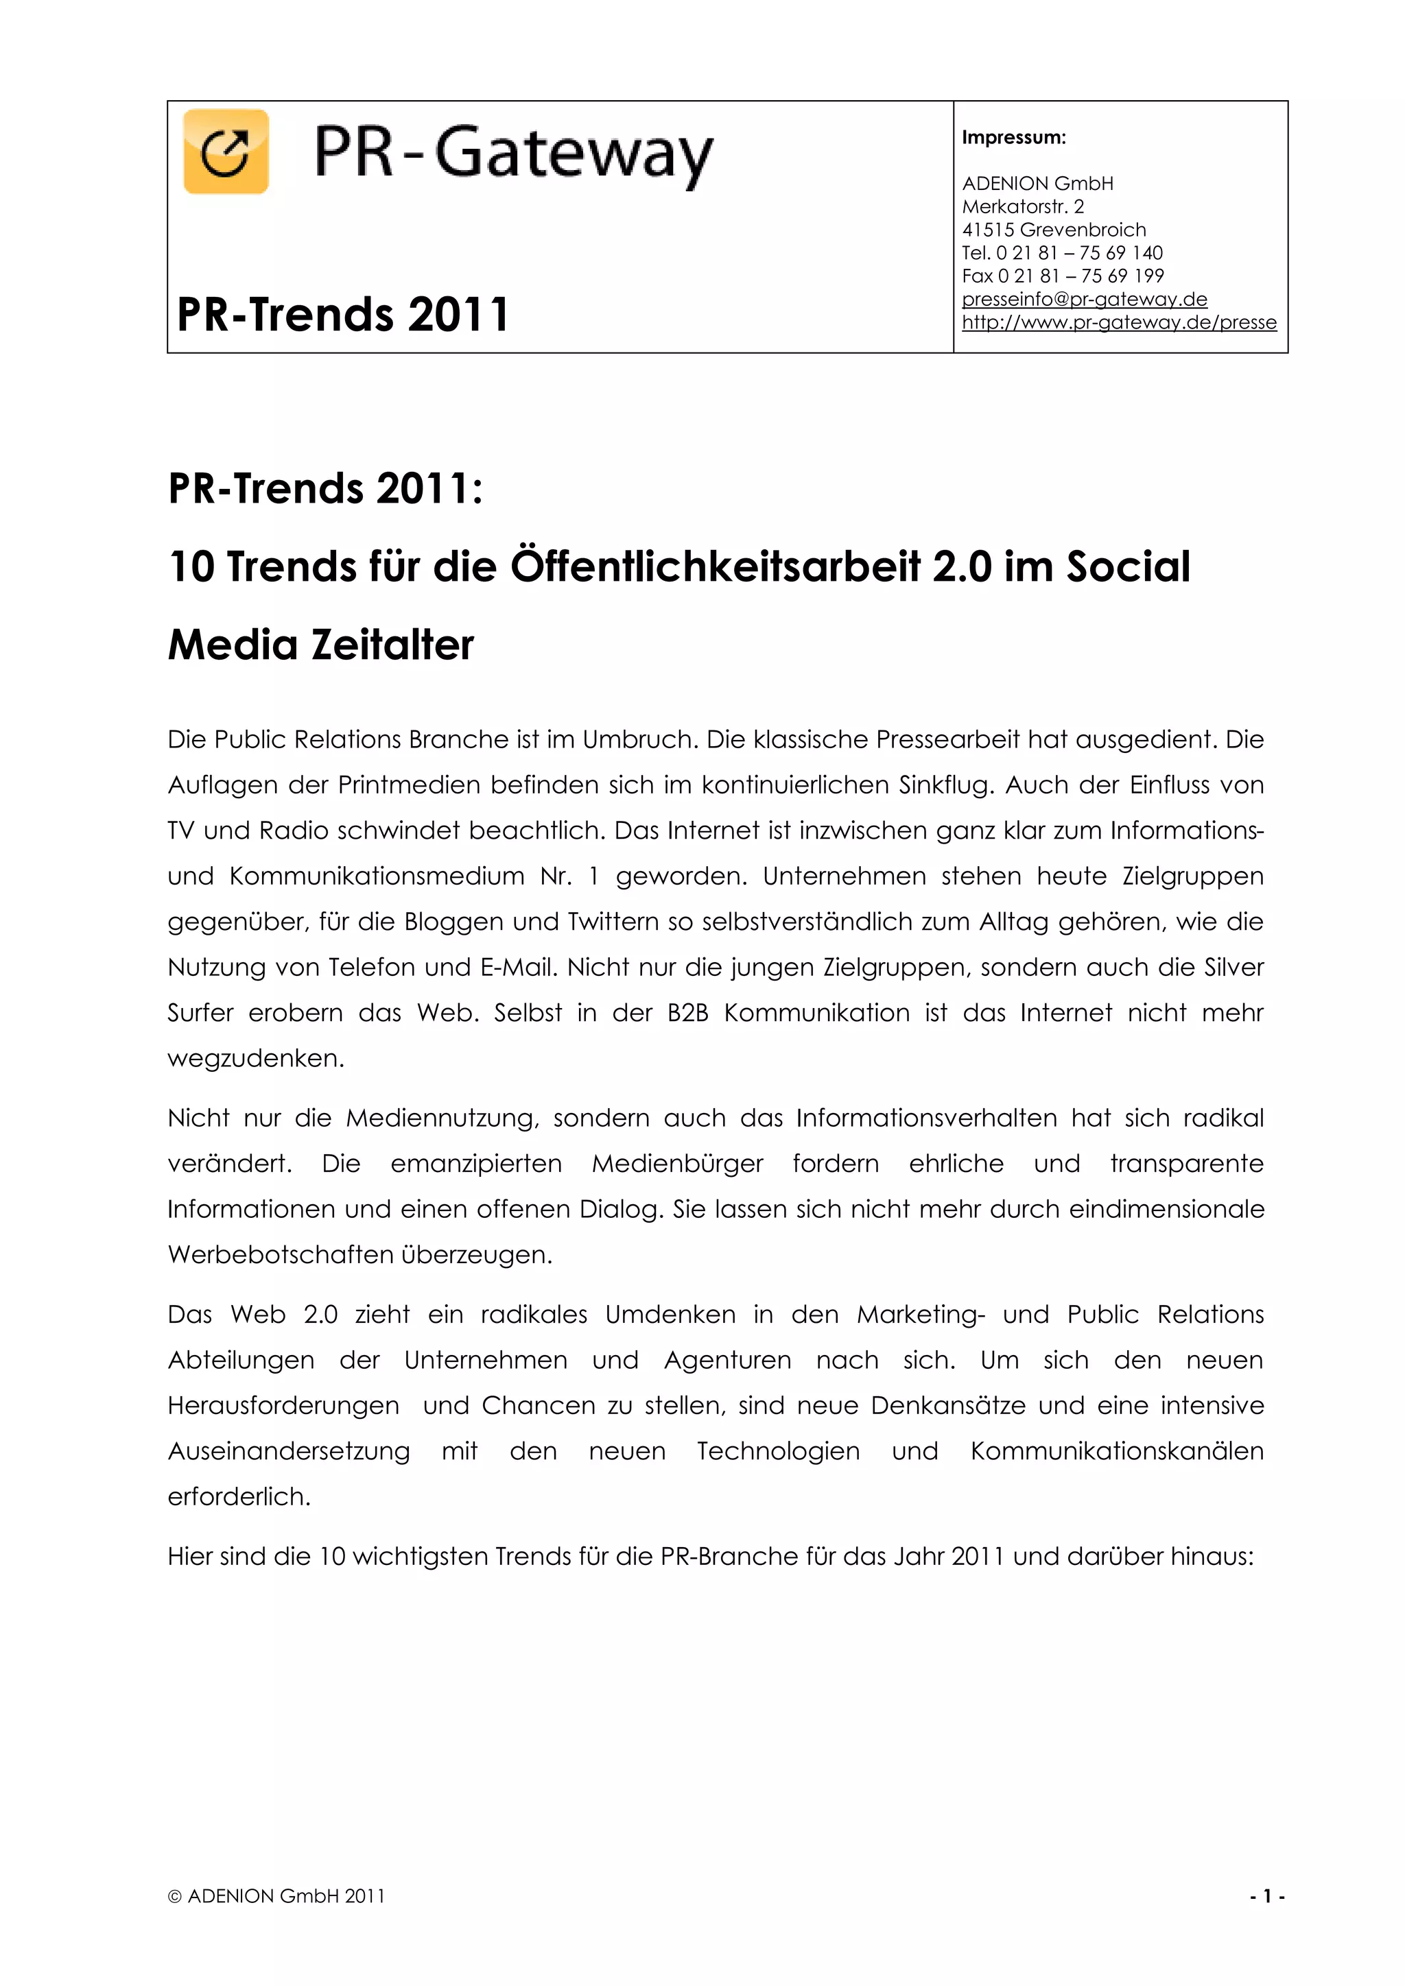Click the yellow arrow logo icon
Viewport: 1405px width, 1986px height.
click(x=226, y=152)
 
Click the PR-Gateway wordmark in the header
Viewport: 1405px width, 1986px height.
click(x=513, y=154)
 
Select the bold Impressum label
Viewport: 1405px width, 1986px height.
click(x=1014, y=138)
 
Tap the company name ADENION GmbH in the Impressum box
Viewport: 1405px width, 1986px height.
click(x=1037, y=183)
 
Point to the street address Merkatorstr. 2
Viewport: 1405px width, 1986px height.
click(x=1023, y=206)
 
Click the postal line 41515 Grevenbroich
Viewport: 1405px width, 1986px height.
click(x=1054, y=230)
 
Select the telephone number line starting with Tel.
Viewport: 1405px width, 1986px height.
click(x=1063, y=254)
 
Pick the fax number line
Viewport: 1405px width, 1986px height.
click(x=1063, y=276)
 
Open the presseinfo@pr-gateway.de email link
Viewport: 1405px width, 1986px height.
click(x=1084, y=299)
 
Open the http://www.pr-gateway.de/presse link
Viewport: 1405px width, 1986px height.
click(x=1119, y=322)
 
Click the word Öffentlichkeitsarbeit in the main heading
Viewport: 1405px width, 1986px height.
click(x=716, y=566)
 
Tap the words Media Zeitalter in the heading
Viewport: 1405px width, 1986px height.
click(x=321, y=645)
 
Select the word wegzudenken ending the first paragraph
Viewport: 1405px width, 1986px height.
click(x=255, y=1059)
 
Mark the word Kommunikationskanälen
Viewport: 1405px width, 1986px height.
click(x=1116, y=1452)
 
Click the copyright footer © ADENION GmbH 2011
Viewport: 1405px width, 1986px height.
click(x=276, y=1896)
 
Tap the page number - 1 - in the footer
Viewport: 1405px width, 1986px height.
click(x=1266, y=1896)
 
